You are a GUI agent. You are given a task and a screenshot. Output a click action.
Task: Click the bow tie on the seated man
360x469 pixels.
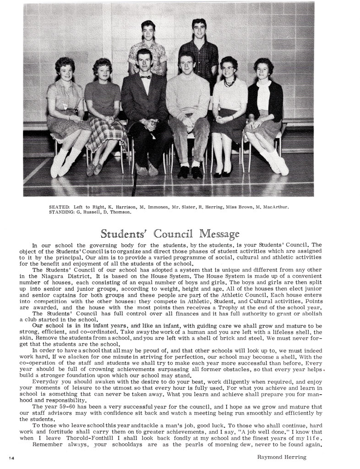click(146, 77)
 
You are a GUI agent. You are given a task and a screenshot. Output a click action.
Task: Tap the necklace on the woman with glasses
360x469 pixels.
click(229, 83)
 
